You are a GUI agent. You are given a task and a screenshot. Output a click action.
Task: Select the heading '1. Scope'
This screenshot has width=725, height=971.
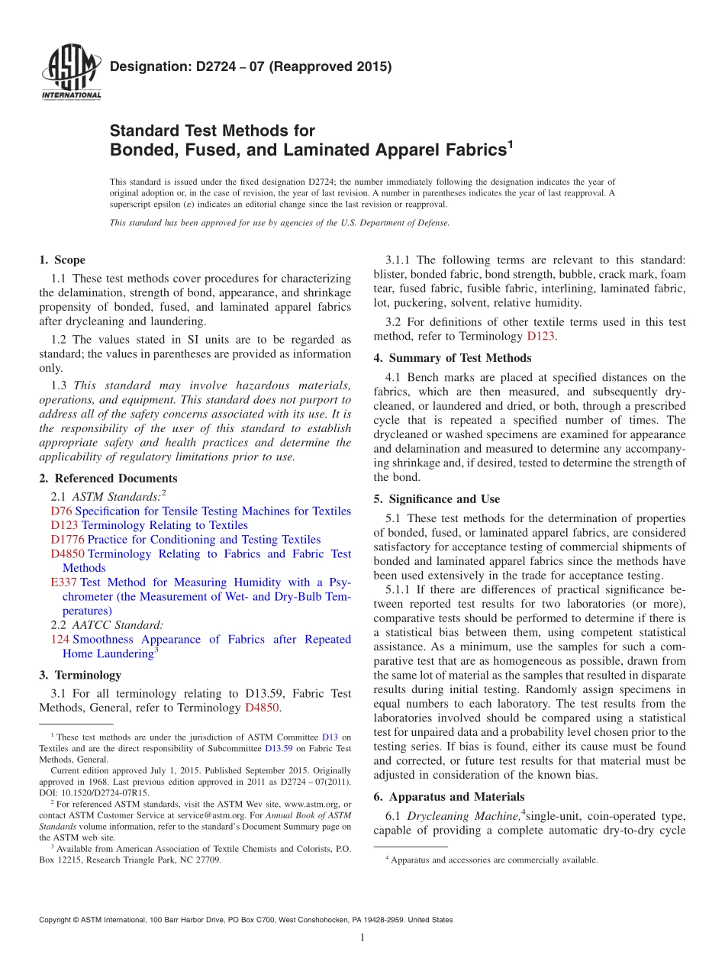pos(63,260)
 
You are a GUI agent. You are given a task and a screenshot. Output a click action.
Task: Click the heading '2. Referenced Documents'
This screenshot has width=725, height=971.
pos(108,479)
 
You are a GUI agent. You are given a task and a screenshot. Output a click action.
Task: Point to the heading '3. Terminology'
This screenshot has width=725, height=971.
pos(80,676)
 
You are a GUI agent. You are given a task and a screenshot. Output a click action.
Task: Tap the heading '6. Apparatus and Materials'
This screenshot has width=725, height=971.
pos(449,797)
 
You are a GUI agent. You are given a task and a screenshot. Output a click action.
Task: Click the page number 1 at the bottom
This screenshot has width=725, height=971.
pos(362,938)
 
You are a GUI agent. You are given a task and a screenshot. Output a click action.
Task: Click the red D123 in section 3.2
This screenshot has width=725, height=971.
pos(540,337)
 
